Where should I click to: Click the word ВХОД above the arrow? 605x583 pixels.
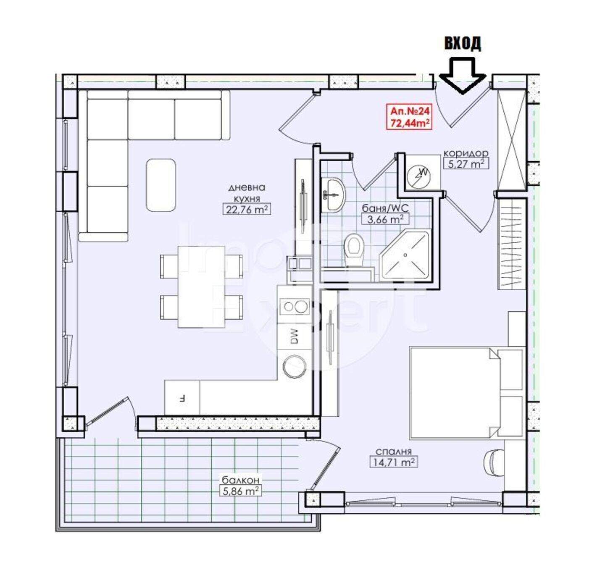click(463, 43)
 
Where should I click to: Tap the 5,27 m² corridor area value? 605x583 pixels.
click(466, 163)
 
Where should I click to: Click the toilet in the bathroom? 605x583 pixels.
click(354, 249)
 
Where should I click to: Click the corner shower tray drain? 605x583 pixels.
click(405, 255)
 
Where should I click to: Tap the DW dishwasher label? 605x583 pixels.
click(294, 336)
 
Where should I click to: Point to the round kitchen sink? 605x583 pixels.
click(294, 366)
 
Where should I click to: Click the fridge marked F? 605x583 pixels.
click(182, 399)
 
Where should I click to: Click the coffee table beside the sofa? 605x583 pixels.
click(161, 185)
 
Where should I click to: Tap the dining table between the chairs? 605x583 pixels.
click(201, 286)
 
